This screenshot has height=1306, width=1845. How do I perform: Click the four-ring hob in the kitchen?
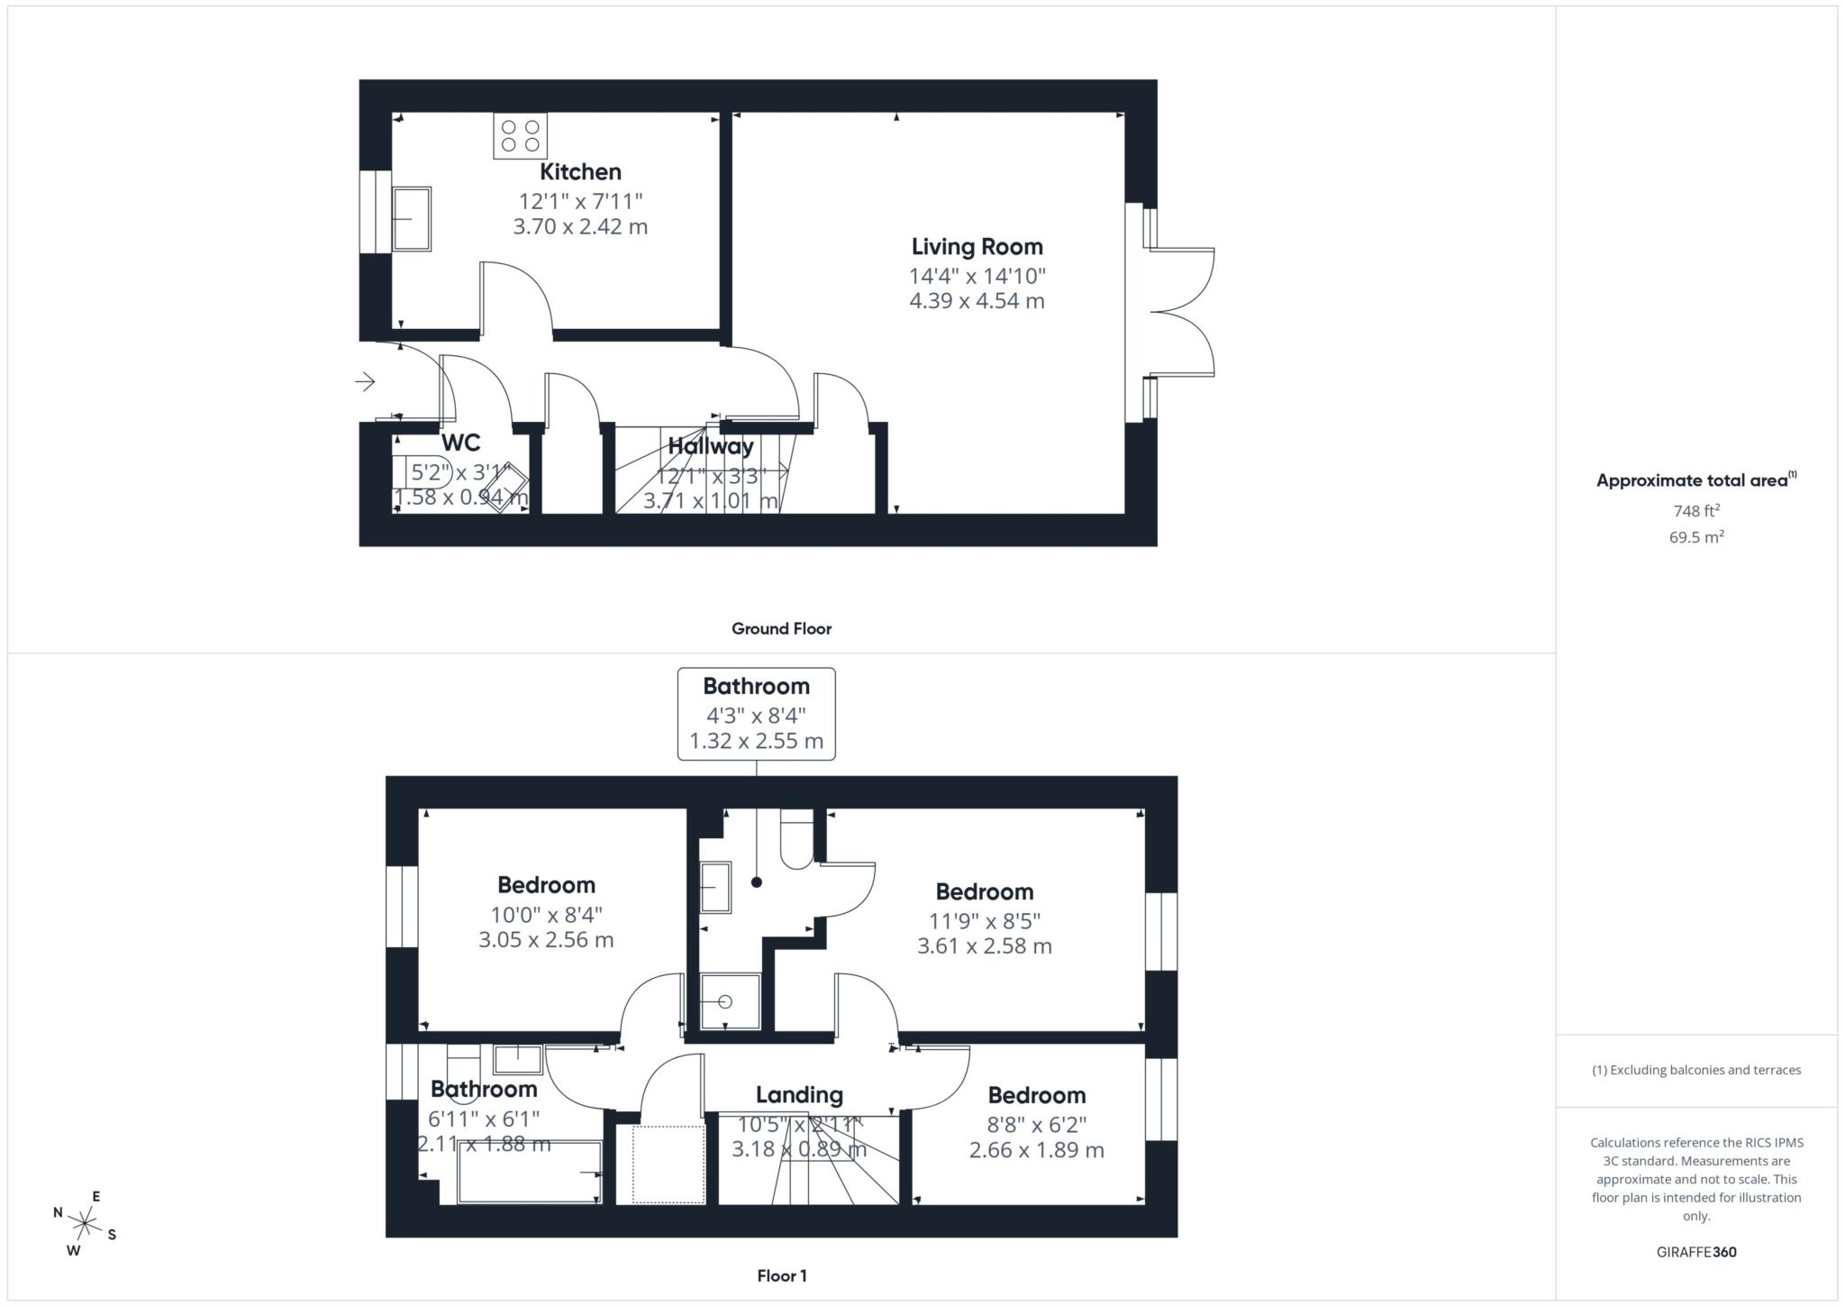pyautogui.click(x=520, y=136)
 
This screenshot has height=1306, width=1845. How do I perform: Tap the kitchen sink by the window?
pyautogui.click(x=412, y=219)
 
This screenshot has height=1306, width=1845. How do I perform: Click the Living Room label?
pyautogui.click(x=977, y=247)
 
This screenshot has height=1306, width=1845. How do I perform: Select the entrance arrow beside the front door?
pyautogui.click(x=365, y=382)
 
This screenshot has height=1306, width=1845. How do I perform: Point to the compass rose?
pyautogui.click(x=85, y=1224)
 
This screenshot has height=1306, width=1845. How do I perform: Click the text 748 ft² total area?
pyautogui.click(x=1695, y=511)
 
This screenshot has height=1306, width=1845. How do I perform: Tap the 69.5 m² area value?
pyautogui.click(x=1695, y=537)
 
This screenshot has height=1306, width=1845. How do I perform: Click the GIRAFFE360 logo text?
pyautogui.click(x=1695, y=1252)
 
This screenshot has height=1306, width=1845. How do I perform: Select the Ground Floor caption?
pyautogui.click(x=781, y=629)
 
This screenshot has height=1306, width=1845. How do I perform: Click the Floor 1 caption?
pyautogui.click(x=781, y=1276)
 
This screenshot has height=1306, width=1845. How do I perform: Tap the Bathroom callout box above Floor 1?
pyautogui.click(x=756, y=714)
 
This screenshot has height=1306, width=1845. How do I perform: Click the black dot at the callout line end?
pyautogui.click(x=757, y=882)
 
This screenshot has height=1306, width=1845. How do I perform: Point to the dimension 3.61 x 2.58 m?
pyautogui.click(x=984, y=946)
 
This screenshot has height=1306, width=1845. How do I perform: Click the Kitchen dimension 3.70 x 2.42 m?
pyautogui.click(x=580, y=226)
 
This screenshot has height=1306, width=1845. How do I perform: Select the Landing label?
pyautogui.click(x=799, y=1095)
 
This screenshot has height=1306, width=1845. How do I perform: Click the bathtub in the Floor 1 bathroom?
pyautogui.click(x=530, y=1172)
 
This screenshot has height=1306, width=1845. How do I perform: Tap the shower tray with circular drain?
pyautogui.click(x=731, y=1001)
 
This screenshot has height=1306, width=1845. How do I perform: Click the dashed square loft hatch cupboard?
pyautogui.click(x=668, y=1164)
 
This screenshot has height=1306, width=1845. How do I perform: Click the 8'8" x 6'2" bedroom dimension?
pyautogui.click(x=1036, y=1125)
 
